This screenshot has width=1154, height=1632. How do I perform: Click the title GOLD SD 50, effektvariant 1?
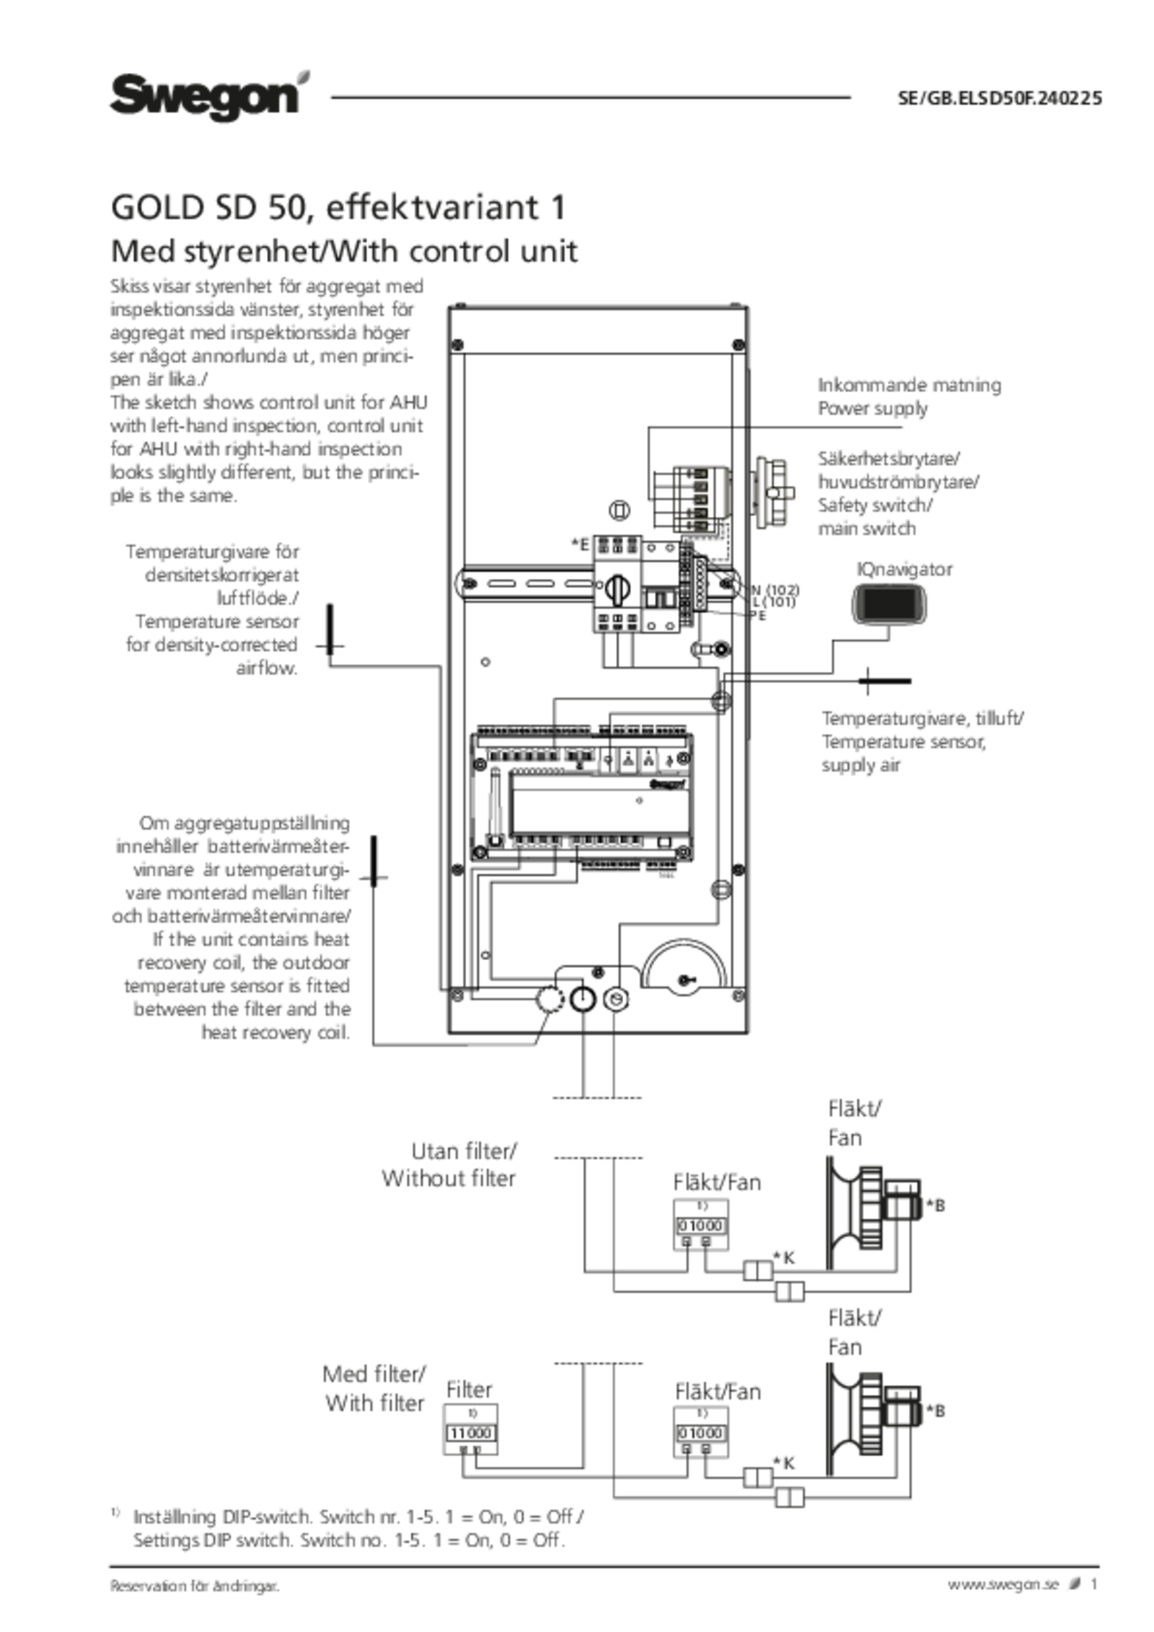pos(337,210)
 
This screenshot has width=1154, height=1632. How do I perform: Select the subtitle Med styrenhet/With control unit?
pos(344,252)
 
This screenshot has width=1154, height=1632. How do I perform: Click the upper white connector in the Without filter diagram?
pos(757,1270)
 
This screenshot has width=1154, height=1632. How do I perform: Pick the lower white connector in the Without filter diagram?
pos(790,1291)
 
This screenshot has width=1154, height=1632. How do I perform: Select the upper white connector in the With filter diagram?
pos(757,1478)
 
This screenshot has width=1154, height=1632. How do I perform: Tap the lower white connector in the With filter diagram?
pos(790,1499)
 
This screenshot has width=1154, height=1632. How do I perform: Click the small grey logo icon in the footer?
pos(1075,1583)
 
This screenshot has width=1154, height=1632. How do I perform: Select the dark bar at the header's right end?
pos(1000,98)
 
